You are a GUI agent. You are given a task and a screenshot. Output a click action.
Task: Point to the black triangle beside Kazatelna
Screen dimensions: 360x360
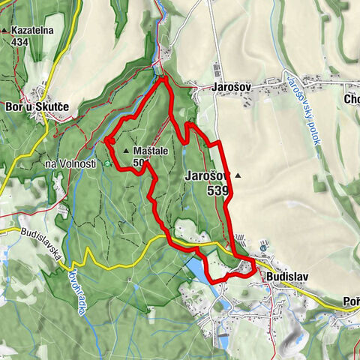pos(4,31)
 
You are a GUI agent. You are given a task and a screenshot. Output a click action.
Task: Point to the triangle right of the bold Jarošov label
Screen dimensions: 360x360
pos(238,175)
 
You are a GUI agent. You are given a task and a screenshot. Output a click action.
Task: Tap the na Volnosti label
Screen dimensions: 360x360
pos(71,164)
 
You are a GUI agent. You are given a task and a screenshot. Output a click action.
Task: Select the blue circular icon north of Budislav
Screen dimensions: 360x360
pos(262,245)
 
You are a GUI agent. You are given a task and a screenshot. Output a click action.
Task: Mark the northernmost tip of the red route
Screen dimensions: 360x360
pos(163,77)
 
